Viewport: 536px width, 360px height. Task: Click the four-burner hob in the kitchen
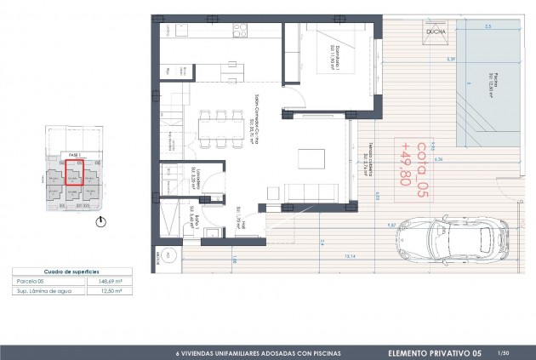coord(241,31)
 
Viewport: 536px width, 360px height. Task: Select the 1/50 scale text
coord(504,351)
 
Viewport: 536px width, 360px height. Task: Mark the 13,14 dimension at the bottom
coord(350,255)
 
